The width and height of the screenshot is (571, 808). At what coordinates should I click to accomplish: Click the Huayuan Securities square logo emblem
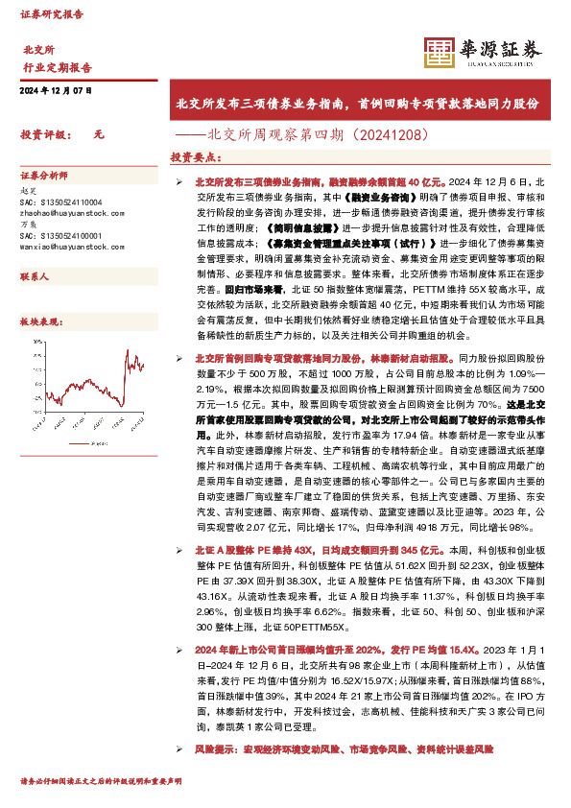(440, 54)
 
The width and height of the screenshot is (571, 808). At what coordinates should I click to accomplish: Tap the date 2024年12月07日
(55, 90)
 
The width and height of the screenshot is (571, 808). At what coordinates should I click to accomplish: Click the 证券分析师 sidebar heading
(44, 177)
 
